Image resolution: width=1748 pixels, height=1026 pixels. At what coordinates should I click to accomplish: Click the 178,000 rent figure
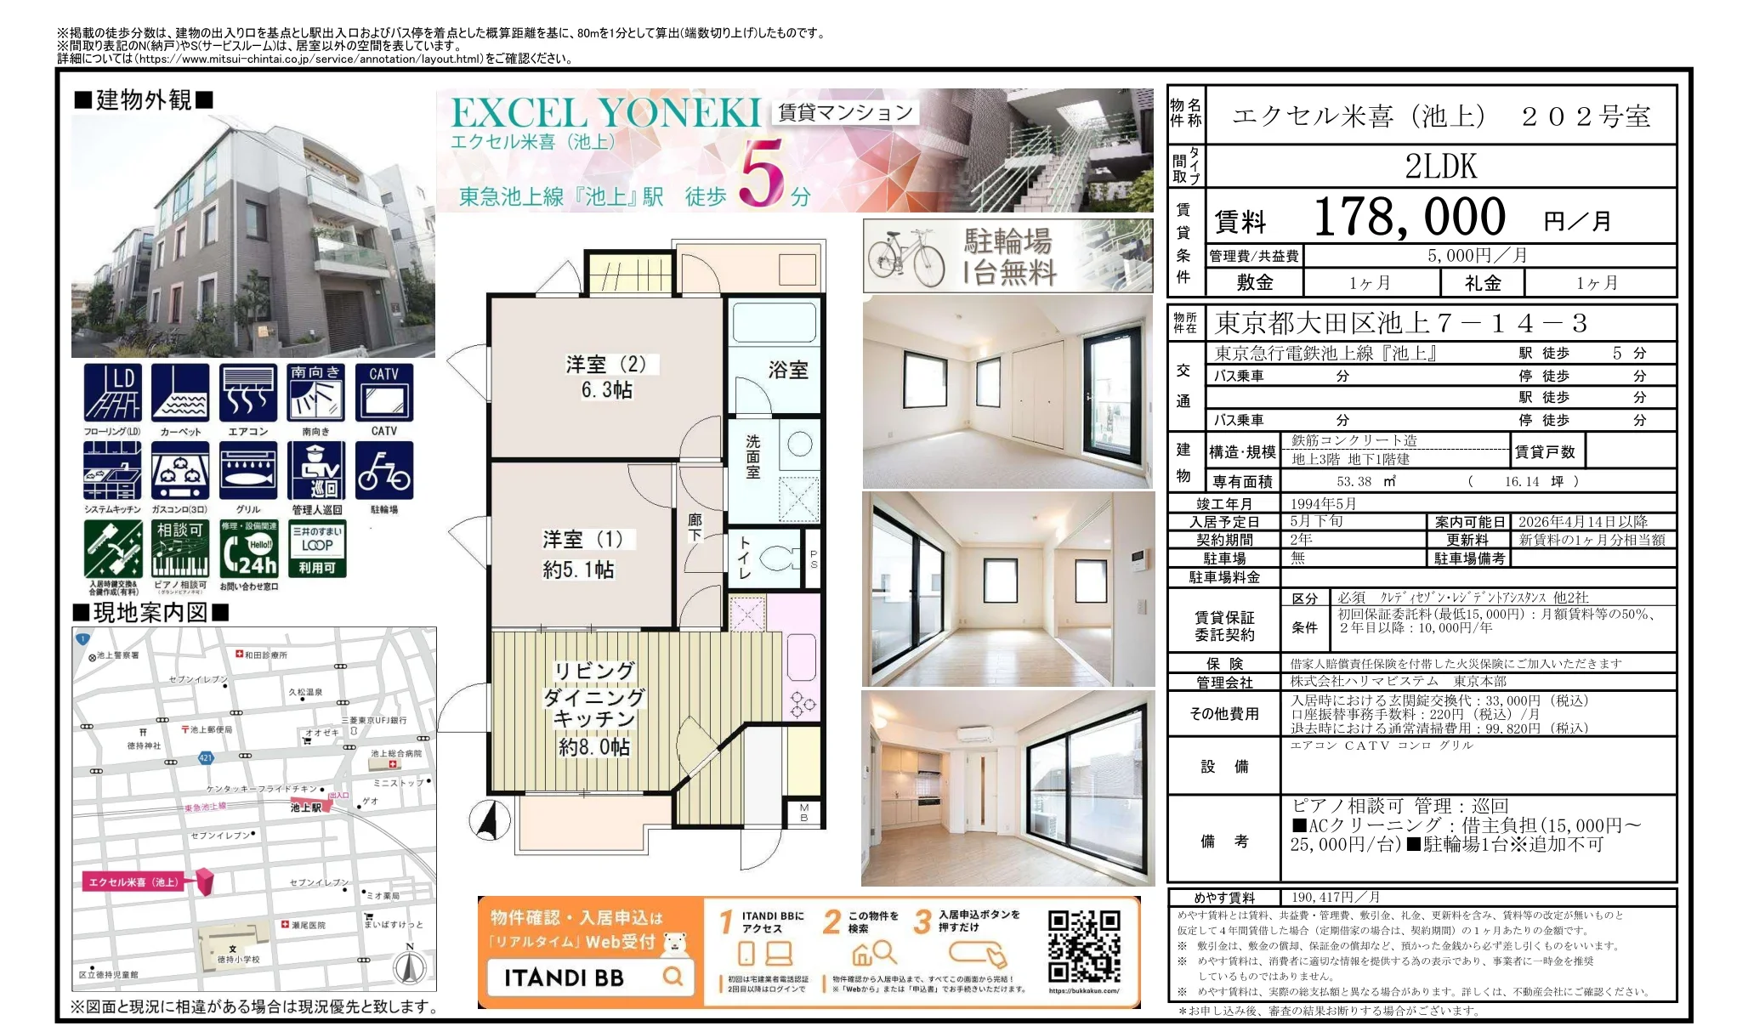pos(1409,218)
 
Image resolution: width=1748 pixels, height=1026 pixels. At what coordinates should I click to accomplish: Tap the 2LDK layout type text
pos(1440,167)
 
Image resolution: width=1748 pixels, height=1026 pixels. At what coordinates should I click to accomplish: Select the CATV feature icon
pos(383,393)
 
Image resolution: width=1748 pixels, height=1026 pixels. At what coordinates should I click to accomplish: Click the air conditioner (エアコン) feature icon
pos(247,393)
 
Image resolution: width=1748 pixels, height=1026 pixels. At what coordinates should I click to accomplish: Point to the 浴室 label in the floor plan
pos(787,370)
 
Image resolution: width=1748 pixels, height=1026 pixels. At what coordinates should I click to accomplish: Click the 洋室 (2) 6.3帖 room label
pos(606,377)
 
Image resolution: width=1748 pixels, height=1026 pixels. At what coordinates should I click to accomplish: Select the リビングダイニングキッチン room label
pos(593,708)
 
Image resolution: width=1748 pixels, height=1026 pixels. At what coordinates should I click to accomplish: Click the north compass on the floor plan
pos(489,820)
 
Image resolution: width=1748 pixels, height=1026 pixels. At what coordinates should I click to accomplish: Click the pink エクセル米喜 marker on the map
pos(205,881)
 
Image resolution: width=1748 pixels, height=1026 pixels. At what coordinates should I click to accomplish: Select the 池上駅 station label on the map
pos(306,808)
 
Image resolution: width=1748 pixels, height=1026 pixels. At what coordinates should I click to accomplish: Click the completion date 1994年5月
pos(1323,504)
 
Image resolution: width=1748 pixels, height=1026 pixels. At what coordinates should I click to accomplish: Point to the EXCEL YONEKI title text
pos(605,113)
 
